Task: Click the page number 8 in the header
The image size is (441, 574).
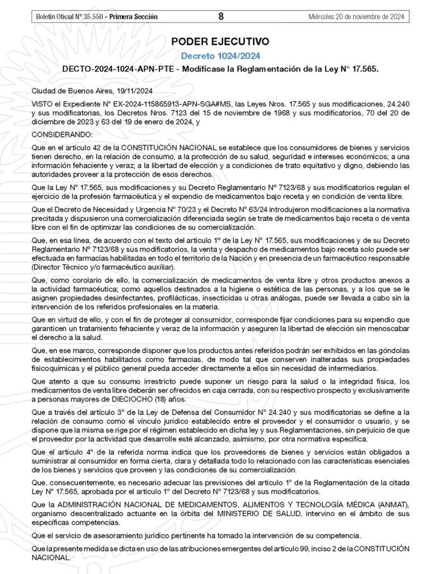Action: coord(220,17)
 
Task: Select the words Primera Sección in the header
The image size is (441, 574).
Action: coord(134,17)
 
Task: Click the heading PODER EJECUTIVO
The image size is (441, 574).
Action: coord(220,41)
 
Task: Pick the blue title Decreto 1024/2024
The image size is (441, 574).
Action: coord(220,55)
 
